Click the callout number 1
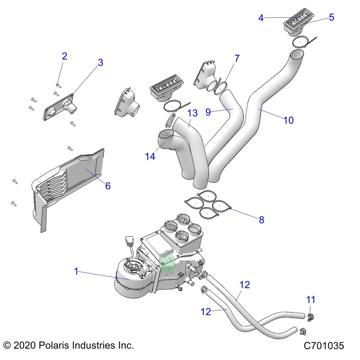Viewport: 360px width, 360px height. [x=76, y=271]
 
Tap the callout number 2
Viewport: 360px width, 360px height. [x=64, y=56]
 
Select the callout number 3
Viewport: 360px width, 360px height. [x=100, y=63]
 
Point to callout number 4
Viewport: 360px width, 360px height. [x=261, y=18]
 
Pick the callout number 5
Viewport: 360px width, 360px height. [x=331, y=17]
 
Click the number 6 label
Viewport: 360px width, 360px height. [x=108, y=186]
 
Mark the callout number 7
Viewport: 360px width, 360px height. [x=237, y=58]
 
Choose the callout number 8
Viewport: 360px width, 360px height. [x=261, y=220]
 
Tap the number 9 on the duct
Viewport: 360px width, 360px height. [x=208, y=112]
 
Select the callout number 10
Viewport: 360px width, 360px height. [x=288, y=120]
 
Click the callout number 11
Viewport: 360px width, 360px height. [x=310, y=300]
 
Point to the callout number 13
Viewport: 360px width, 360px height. [x=192, y=113]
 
